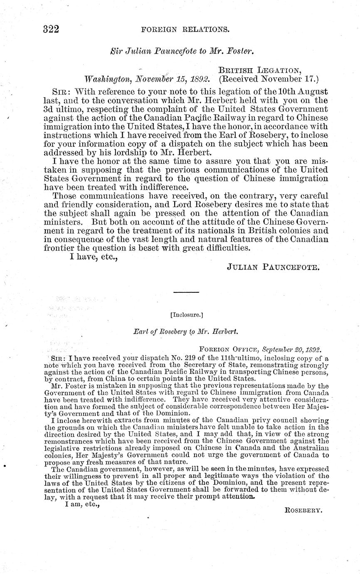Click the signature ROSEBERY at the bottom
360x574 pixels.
(304, 510)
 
